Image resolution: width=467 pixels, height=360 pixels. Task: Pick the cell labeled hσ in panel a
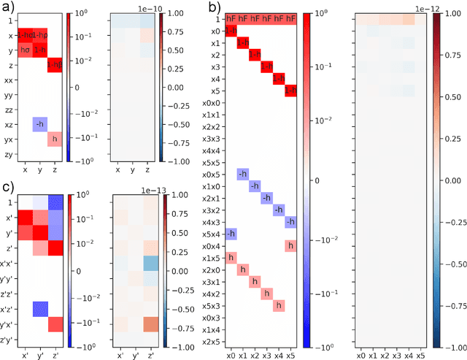coord(25,50)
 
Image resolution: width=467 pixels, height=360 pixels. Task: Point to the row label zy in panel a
coord(8,155)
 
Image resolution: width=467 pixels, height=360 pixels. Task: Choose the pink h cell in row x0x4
coord(290,246)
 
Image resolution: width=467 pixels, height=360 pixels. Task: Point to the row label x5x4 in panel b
coord(211,234)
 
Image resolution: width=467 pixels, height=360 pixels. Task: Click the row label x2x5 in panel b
coord(211,341)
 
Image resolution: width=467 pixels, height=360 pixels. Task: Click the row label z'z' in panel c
coord(8,292)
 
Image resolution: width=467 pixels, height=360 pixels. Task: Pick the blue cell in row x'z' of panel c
coord(39,307)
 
